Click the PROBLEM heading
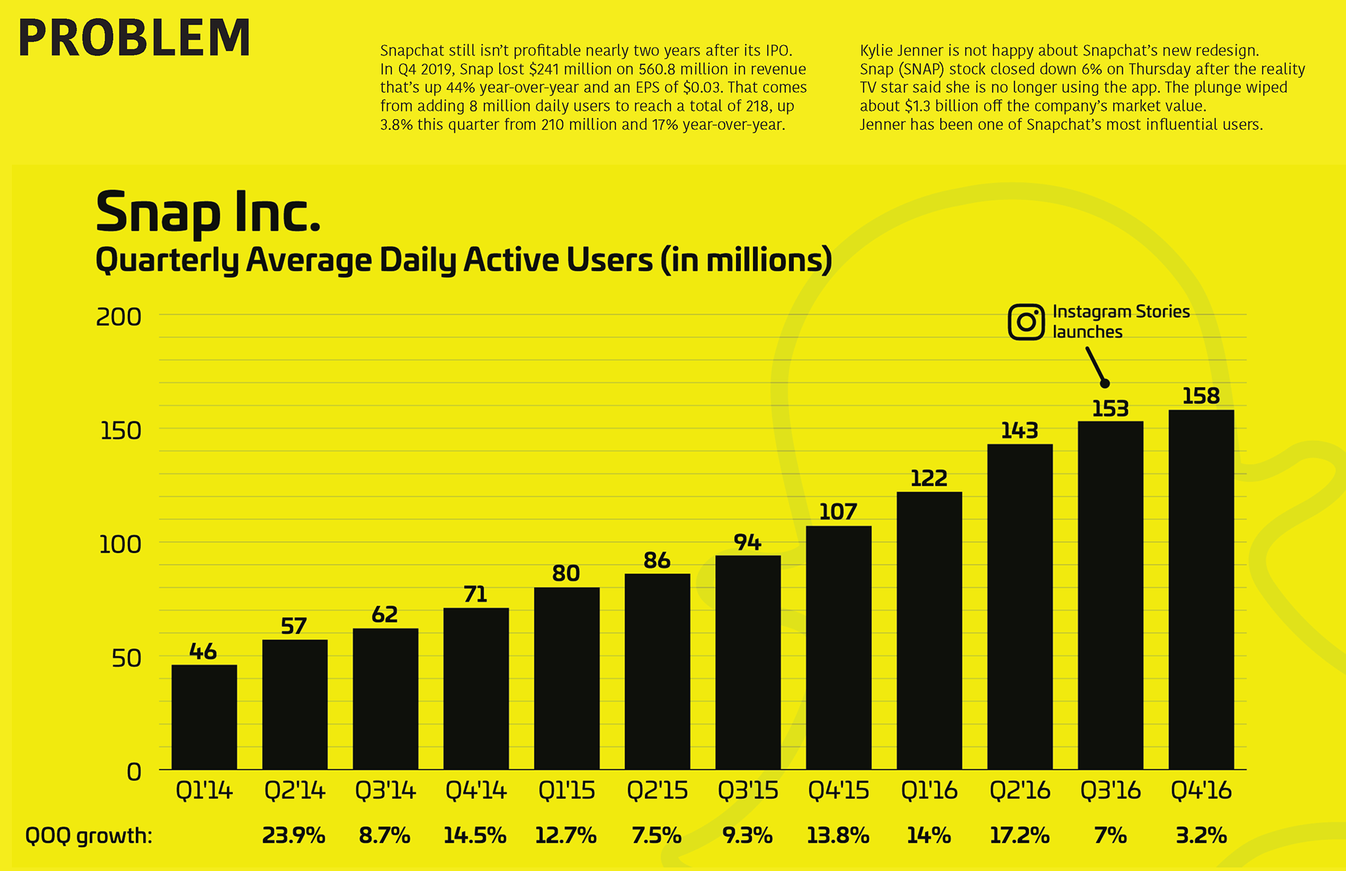click(x=135, y=38)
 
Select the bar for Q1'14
click(x=204, y=717)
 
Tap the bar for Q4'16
click(x=1201, y=589)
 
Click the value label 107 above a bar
click(x=838, y=512)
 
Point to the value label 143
click(x=1019, y=431)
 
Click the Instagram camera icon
click(x=1026, y=322)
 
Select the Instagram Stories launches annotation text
click(x=1120, y=321)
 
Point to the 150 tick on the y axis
click(x=121, y=431)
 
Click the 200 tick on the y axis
click(x=118, y=317)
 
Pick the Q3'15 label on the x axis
click(x=747, y=790)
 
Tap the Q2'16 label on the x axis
click(x=1019, y=790)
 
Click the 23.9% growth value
click(x=293, y=835)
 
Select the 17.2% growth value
click(x=1019, y=835)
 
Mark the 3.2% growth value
click(x=1201, y=835)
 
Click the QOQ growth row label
click(x=88, y=835)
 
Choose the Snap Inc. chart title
click(x=208, y=212)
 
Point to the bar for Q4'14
click(x=476, y=689)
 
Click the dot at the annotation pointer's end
click(x=1105, y=383)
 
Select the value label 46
click(x=203, y=651)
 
